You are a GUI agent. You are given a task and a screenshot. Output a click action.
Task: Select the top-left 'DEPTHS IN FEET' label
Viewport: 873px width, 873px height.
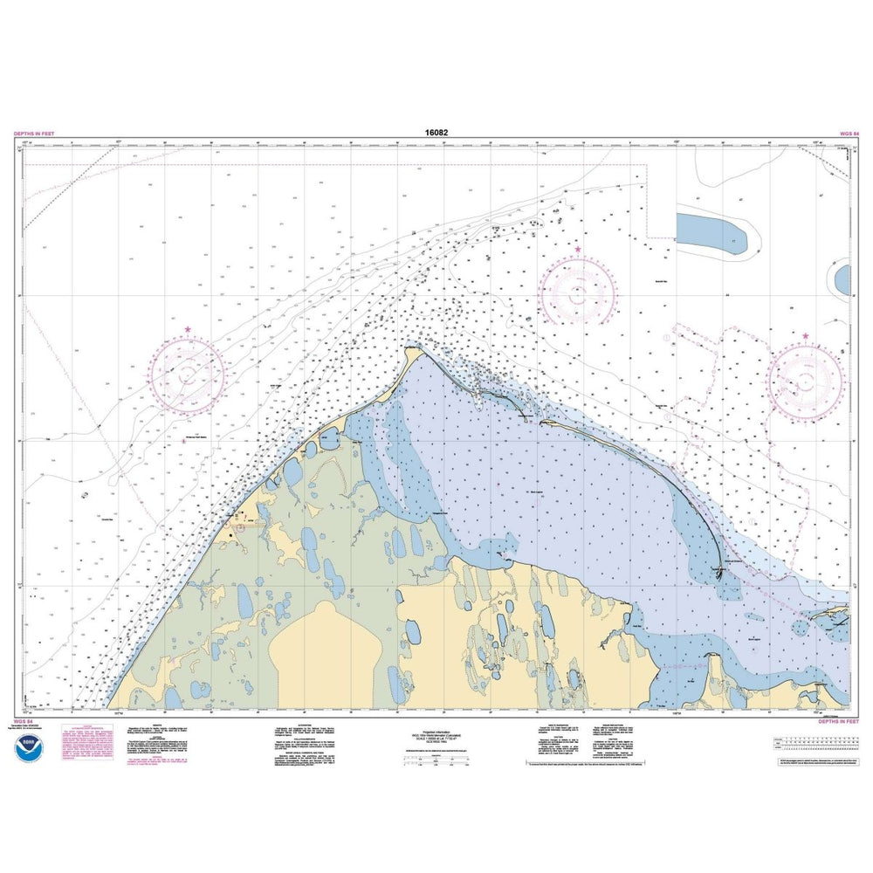click(x=34, y=134)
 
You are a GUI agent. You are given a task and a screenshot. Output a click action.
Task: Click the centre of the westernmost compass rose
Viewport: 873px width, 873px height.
click(x=188, y=375)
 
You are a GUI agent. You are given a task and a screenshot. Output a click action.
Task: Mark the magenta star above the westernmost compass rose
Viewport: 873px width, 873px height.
click(x=188, y=330)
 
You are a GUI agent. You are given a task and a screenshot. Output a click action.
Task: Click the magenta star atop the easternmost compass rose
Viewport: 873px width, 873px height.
click(x=805, y=336)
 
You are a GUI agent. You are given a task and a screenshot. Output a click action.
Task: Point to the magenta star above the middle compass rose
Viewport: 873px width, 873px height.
click(x=577, y=250)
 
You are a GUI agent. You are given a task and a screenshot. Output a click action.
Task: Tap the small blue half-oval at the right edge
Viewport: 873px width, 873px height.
click(x=843, y=280)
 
